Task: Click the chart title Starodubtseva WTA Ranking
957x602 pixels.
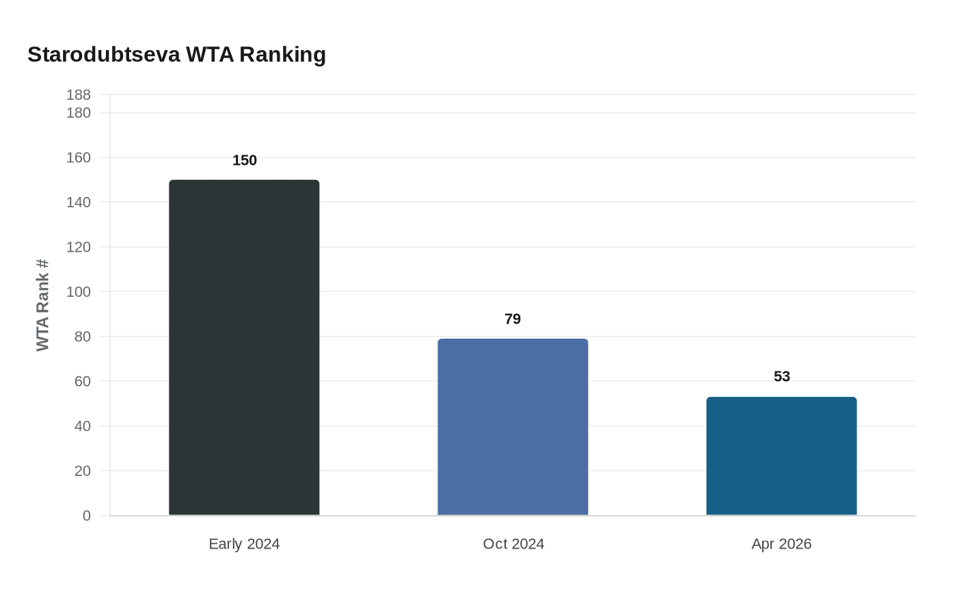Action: pyautogui.click(x=176, y=54)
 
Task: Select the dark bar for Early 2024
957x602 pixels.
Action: pyautogui.click(x=244, y=348)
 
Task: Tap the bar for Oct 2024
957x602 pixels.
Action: pyautogui.click(x=513, y=427)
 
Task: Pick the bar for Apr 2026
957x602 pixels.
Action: pyautogui.click(x=781, y=456)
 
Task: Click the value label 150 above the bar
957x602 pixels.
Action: pyautogui.click(x=245, y=161)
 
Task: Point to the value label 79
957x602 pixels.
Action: pyautogui.click(x=513, y=319)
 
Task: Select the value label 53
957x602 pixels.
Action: pyautogui.click(x=782, y=377)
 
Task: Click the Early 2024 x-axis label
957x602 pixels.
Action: pyautogui.click(x=244, y=544)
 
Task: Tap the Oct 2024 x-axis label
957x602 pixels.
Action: pyautogui.click(x=513, y=544)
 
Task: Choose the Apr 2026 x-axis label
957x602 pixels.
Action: pyautogui.click(x=781, y=544)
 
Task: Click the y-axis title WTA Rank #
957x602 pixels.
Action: pyautogui.click(x=43, y=305)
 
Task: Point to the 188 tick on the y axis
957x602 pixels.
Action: pyautogui.click(x=79, y=95)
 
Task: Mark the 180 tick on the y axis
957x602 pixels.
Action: pyautogui.click(x=79, y=113)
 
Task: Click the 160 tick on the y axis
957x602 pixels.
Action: pyautogui.click(x=79, y=158)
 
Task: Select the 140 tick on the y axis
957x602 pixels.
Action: pyautogui.click(x=79, y=202)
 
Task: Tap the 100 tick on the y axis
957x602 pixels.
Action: pyautogui.click(x=79, y=292)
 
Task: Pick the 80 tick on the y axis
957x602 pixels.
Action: pyautogui.click(x=83, y=337)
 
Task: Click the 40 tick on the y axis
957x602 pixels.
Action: pyautogui.click(x=83, y=426)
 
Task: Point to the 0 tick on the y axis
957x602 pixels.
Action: pyautogui.click(x=87, y=516)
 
